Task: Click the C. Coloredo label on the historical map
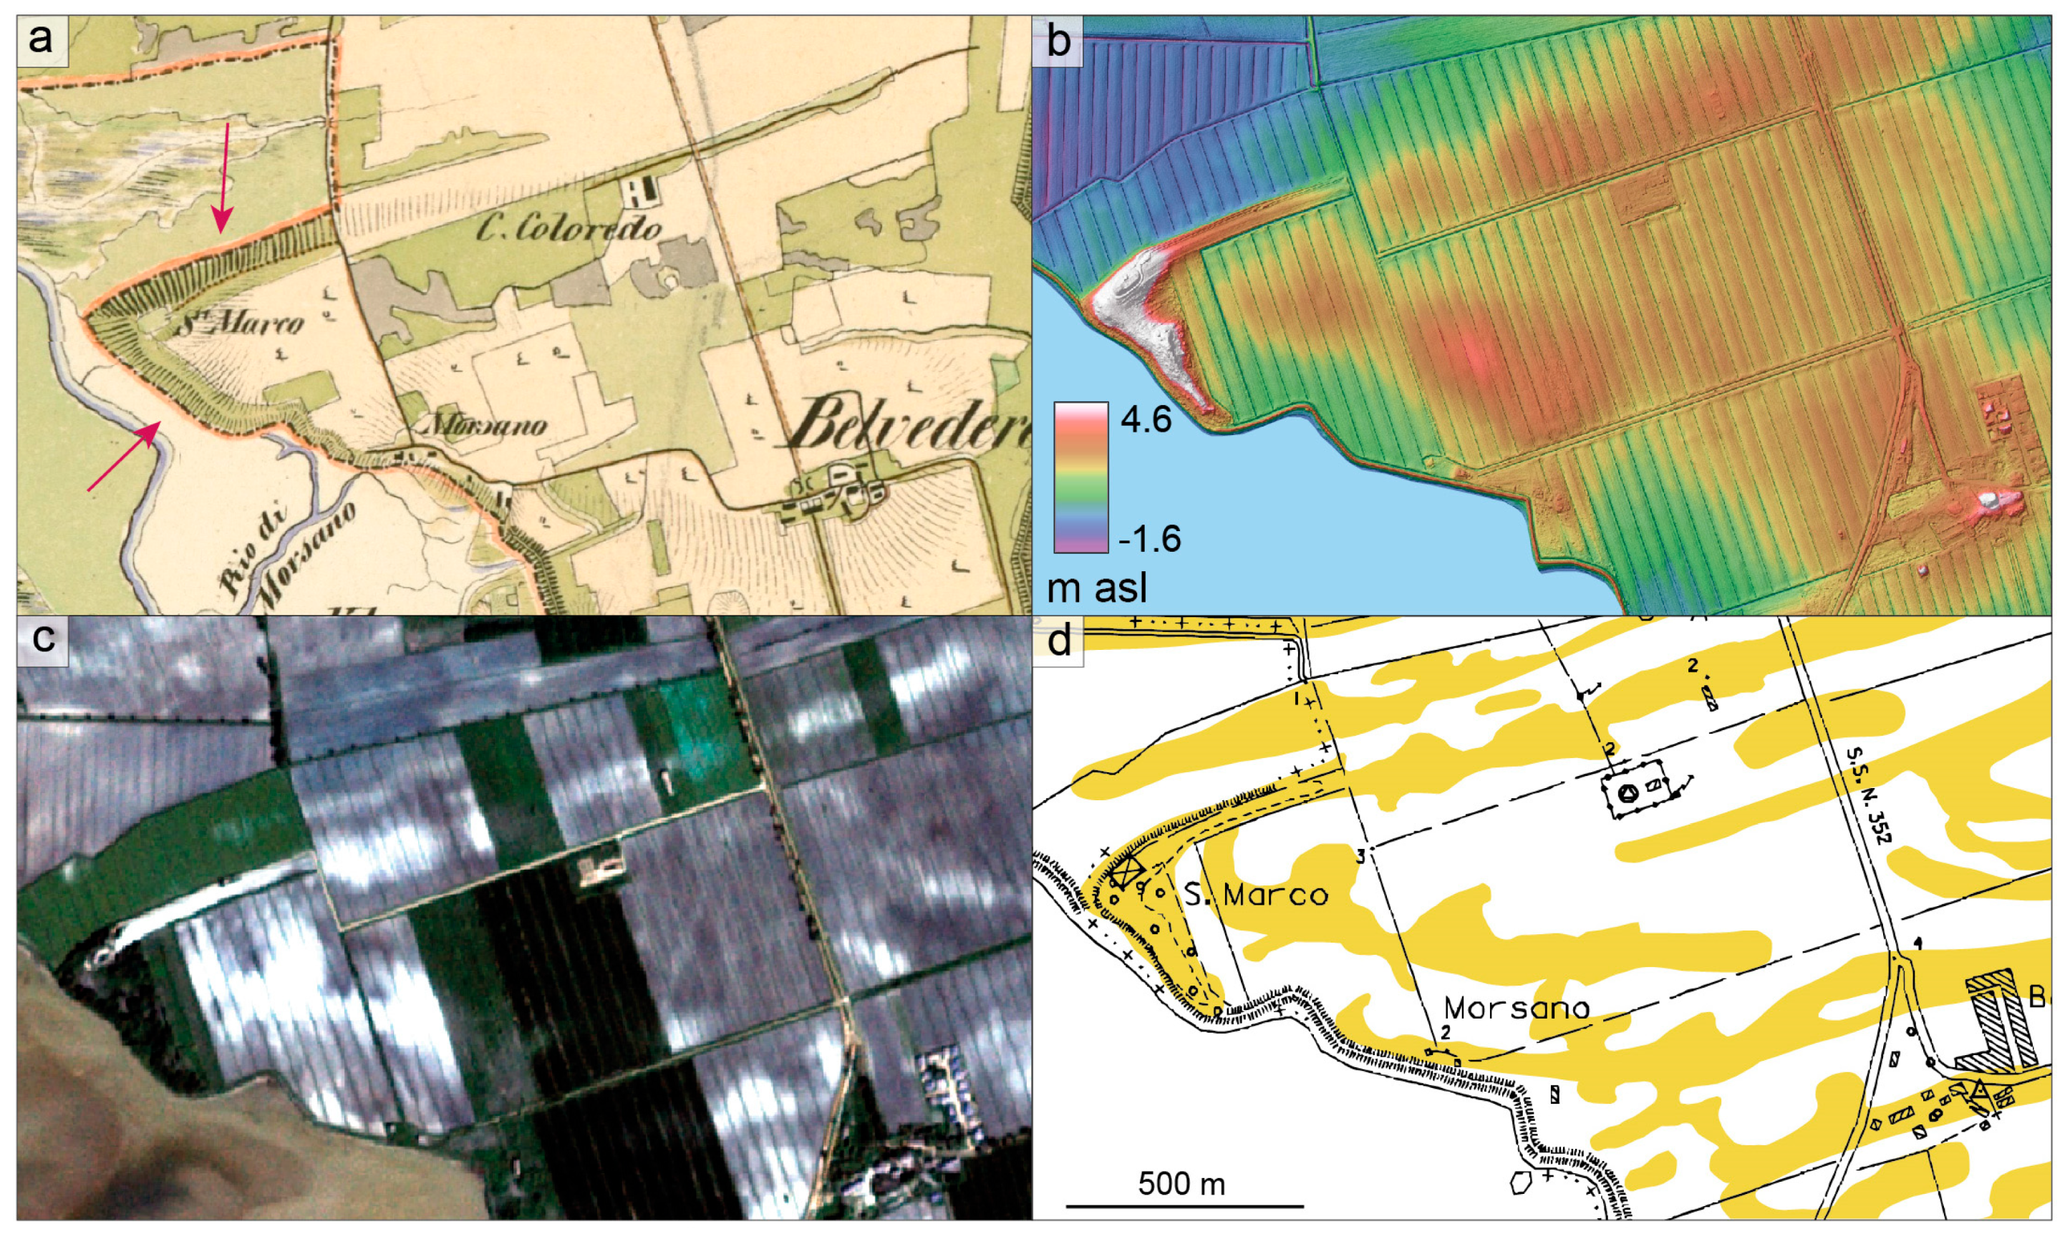pos(569,226)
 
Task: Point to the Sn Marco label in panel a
pos(241,321)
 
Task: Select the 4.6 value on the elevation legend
pos(1146,420)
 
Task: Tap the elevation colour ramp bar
pos(1080,477)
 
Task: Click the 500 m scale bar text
pos(1181,1184)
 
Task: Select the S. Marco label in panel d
pos(1256,895)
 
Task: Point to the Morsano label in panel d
pos(1517,1008)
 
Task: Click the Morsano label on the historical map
pos(487,426)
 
